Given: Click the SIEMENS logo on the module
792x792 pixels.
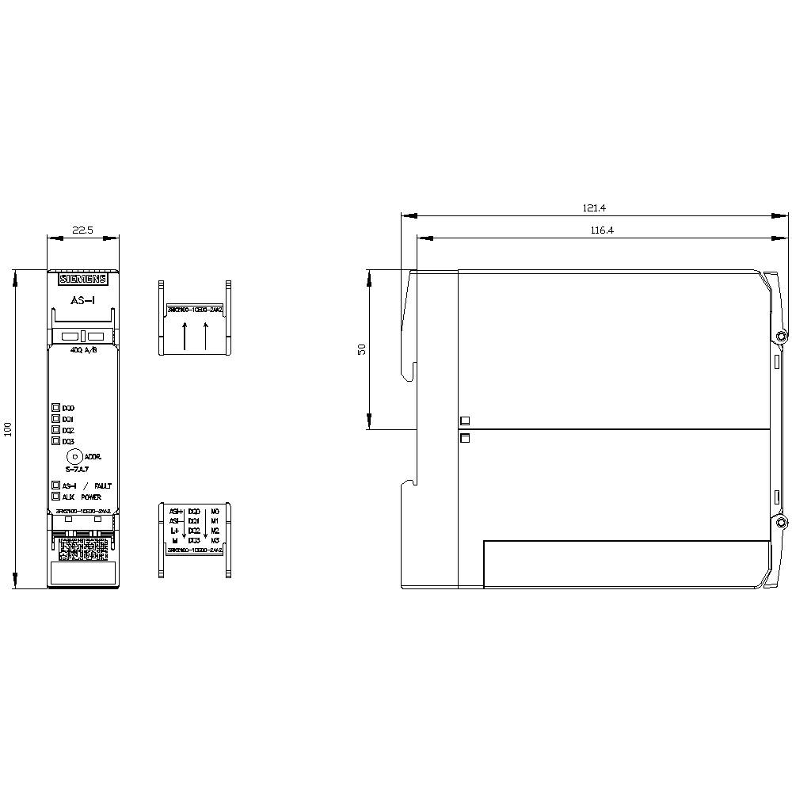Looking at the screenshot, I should pyautogui.click(x=83, y=279).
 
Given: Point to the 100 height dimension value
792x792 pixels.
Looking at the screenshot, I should pyautogui.click(x=8, y=429).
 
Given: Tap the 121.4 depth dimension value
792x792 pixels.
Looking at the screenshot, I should pyautogui.click(x=594, y=208).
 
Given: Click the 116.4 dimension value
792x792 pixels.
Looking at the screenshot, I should pyautogui.click(x=602, y=230).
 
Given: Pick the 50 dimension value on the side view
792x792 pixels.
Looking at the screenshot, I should pyautogui.click(x=362, y=350).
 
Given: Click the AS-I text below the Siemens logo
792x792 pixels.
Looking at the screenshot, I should pyautogui.click(x=83, y=301).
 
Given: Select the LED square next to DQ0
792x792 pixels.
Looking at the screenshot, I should pyautogui.click(x=56, y=407).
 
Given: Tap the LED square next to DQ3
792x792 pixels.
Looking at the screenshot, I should pyautogui.click(x=56, y=440).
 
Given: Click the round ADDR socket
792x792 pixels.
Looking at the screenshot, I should pyautogui.click(x=74, y=456).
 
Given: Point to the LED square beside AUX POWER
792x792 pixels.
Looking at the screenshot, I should pyautogui.click(x=56, y=497).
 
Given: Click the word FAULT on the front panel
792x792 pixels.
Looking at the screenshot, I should pyautogui.click(x=103, y=486).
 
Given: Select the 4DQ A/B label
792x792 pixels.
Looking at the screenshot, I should pyautogui.click(x=83, y=350).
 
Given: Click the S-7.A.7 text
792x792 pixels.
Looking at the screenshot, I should pyautogui.click(x=78, y=470).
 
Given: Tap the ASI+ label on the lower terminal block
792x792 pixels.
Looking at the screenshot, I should pyautogui.click(x=176, y=512).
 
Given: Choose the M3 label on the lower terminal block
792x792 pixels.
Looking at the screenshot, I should pyautogui.click(x=215, y=540).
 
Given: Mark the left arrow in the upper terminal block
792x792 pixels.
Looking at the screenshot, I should pyautogui.click(x=185, y=336).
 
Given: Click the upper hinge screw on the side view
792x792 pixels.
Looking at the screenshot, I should pyautogui.click(x=781, y=337).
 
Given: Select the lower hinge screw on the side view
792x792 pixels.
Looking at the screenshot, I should pyautogui.click(x=781, y=524).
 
